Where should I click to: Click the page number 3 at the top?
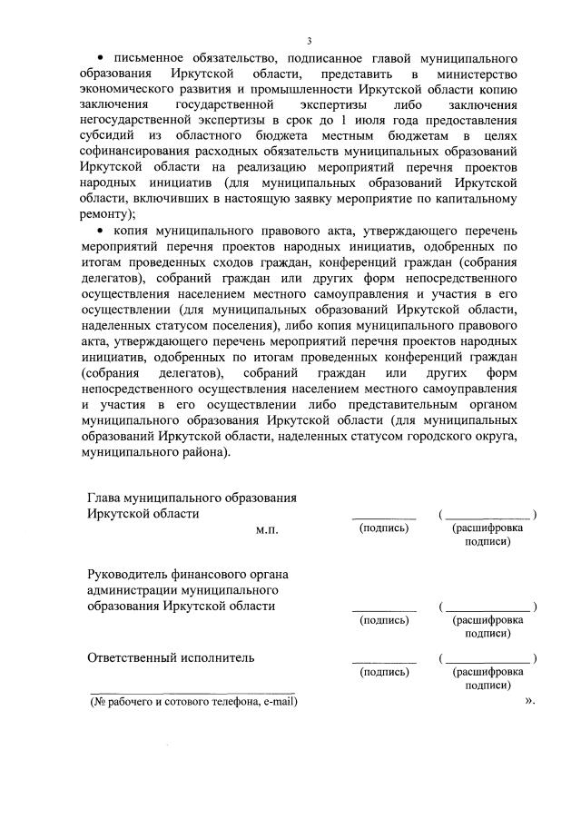(310, 41)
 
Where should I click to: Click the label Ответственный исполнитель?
(171, 657)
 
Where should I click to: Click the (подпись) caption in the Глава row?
(383, 528)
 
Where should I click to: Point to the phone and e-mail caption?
(193, 702)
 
